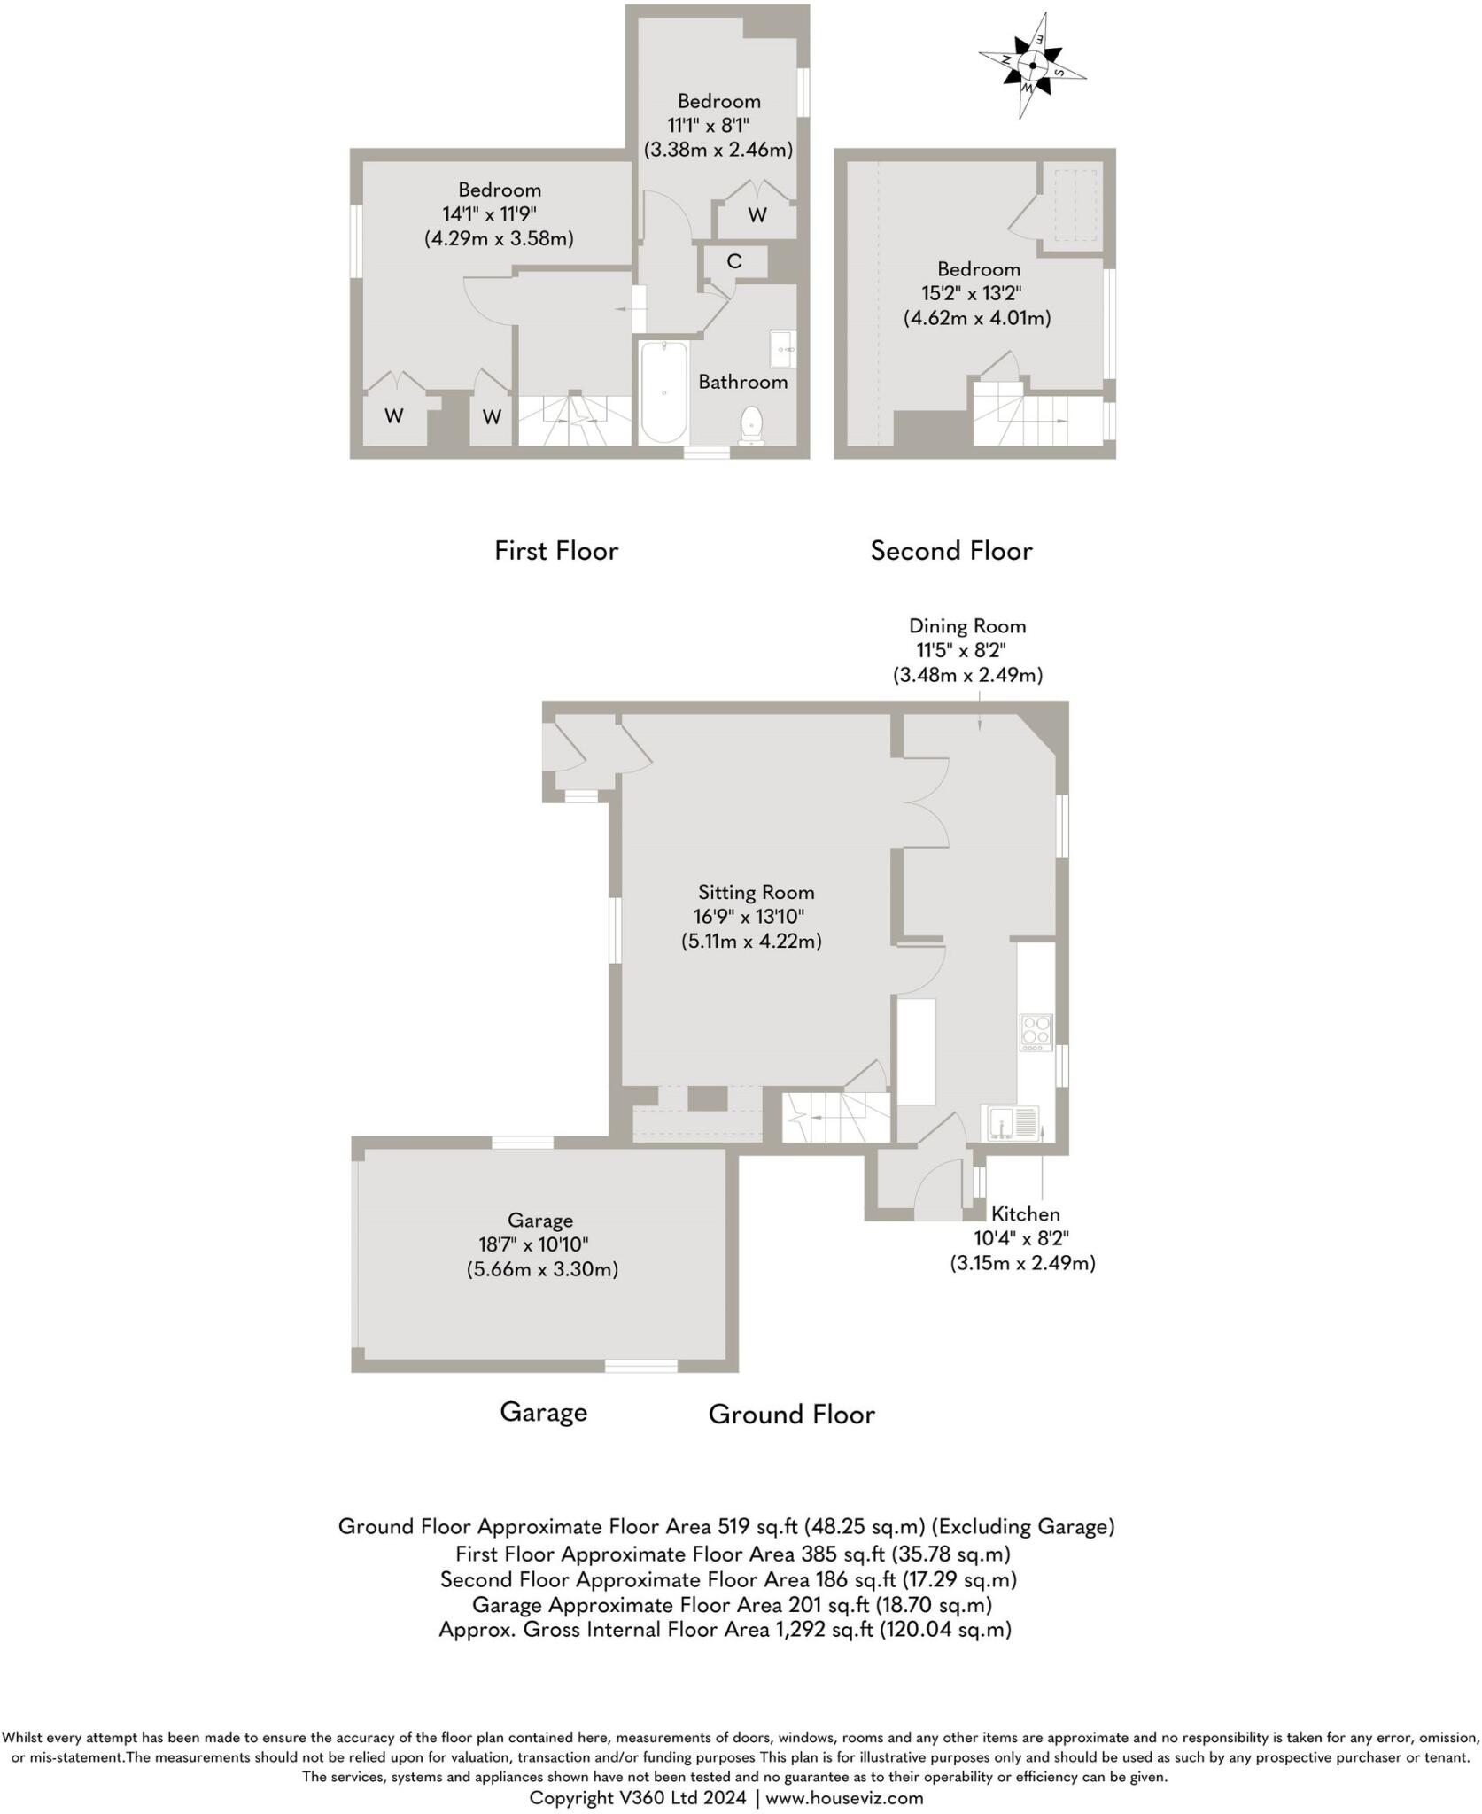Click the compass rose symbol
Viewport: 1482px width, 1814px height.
[x=1032, y=65]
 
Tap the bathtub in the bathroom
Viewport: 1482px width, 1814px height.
[x=663, y=391]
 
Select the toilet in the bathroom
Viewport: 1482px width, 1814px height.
[x=752, y=425]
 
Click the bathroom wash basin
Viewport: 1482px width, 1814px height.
[x=783, y=349]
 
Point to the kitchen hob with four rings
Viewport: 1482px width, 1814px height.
[x=1036, y=1032]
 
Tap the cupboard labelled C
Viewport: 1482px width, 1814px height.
[x=734, y=262]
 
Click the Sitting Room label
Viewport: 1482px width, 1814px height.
[x=756, y=892]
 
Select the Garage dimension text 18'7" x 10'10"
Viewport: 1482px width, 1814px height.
[x=540, y=1244]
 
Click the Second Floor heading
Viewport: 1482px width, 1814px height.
[x=950, y=551]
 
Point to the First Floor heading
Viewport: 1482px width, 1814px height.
[x=555, y=551]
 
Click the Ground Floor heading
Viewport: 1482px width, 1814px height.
[x=791, y=1415]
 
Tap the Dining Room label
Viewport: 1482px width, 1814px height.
[x=966, y=626]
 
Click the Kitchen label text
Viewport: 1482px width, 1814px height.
[x=1025, y=1213]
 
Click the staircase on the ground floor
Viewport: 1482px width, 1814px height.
[x=835, y=1118]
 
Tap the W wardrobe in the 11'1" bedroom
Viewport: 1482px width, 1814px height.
[x=757, y=215]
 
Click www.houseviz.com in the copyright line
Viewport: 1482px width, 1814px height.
[x=844, y=1797]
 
